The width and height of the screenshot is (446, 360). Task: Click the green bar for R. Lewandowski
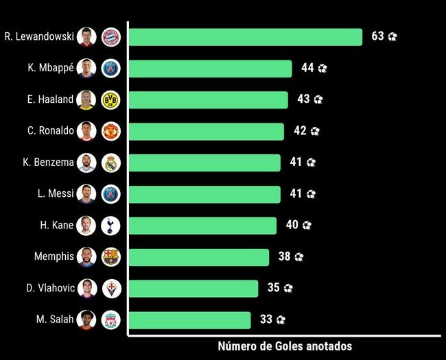[245, 37]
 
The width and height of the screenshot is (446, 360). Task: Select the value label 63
[377, 36]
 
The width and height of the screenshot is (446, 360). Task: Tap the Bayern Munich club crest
[110, 37]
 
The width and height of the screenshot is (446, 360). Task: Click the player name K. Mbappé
[51, 68]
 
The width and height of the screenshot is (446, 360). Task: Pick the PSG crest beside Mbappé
[110, 69]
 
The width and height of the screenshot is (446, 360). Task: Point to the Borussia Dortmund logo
[110, 99]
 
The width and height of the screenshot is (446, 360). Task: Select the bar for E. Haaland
[208, 99]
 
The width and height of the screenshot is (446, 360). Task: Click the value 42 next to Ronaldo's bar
[300, 131]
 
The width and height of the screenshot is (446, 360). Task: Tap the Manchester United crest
[110, 131]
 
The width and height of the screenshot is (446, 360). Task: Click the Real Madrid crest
[110, 163]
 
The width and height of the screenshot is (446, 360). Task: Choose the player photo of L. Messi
[86, 194]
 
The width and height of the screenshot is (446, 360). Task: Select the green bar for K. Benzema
[204, 163]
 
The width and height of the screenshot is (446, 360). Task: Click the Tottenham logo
[110, 225]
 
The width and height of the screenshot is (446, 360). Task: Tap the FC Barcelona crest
[110, 256]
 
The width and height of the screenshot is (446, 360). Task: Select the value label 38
[284, 256]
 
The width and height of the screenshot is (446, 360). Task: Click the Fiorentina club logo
[110, 288]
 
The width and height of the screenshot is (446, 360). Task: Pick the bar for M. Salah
[189, 320]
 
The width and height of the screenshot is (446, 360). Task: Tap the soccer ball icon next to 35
[288, 289]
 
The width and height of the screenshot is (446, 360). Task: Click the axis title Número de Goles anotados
[285, 346]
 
